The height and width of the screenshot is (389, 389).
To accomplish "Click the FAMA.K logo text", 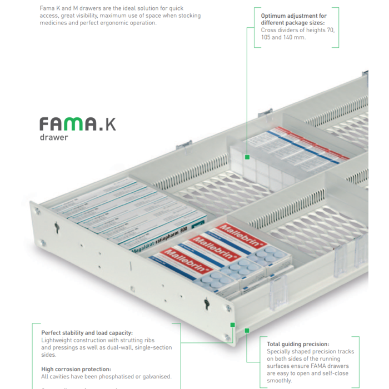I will pyautogui.click(x=77, y=123).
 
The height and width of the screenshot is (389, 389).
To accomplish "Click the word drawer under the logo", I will pyautogui.click(x=53, y=137).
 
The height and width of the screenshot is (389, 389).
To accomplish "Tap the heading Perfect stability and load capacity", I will pyautogui.click(x=87, y=333).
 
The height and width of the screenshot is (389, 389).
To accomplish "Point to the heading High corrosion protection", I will pyautogui.click(x=76, y=369).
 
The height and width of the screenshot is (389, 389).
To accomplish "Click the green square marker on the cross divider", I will pyautogui.click(x=247, y=157).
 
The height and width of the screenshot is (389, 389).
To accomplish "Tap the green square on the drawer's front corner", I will pyautogui.click(x=232, y=325).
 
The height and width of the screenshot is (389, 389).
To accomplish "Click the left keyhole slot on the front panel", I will pyautogui.click(x=57, y=227).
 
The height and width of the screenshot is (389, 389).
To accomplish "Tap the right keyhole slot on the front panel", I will pyautogui.click(x=206, y=304).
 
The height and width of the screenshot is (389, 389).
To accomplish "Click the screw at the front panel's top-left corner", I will pyautogui.click(x=38, y=211).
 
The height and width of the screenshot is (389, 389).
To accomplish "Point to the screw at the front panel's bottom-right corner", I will pyautogui.click(x=227, y=337).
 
